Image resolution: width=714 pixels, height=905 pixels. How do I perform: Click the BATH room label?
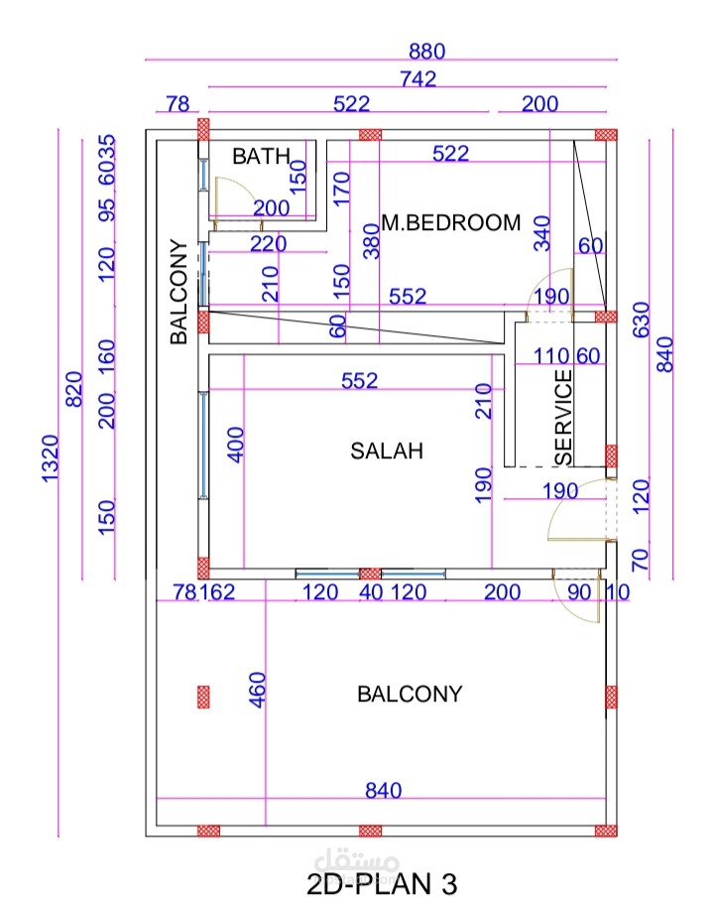coord(262,156)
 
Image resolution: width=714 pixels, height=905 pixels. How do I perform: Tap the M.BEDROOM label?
coord(451,222)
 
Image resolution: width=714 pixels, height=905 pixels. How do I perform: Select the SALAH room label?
coord(387,451)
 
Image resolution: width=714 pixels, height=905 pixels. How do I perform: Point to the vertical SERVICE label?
coord(563,417)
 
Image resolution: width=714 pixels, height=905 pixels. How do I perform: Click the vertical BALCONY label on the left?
coord(178,292)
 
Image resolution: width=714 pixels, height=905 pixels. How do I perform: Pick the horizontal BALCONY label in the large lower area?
coord(410,694)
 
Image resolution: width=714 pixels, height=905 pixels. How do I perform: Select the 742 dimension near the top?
coord(417,79)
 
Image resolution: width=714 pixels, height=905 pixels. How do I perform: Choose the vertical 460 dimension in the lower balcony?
coord(257,690)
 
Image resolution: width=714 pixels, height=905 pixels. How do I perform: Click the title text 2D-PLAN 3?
coord(382,882)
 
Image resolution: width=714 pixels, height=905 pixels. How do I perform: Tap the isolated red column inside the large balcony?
coord(203,696)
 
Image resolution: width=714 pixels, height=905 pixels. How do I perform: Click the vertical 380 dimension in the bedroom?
coord(371,239)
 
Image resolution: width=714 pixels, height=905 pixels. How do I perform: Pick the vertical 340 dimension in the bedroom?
coord(541,232)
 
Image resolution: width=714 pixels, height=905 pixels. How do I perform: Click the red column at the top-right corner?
coord(606,134)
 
